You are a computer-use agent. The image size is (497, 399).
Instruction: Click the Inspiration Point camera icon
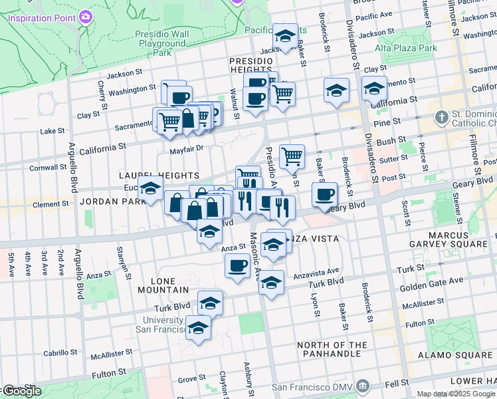pyautogui.click(x=86, y=17)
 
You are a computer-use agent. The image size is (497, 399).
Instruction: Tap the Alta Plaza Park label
pyautogui.click(x=406, y=48)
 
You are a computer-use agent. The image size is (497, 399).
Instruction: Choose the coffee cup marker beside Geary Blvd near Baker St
pyautogui.click(x=324, y=194)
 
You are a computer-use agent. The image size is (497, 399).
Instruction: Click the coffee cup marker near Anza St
pyautogui.click(x=237, y=267)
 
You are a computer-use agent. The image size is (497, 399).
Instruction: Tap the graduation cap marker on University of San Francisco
pyautogui.click(x=198, y=328)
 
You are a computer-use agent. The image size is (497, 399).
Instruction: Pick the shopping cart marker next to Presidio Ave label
pyautogui.click(x=292, y=157)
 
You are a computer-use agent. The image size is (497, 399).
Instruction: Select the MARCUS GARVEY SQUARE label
pyautogui.click(x=465, y=247)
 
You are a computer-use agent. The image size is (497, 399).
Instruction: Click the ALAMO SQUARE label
pyautogui.click(x=455, y=356)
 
